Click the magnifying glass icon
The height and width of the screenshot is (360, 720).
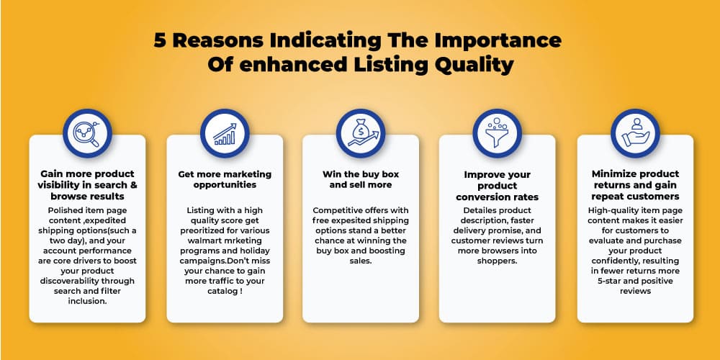click(87, 133)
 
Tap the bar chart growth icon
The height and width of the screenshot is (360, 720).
click(225, 134)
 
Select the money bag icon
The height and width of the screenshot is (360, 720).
click(361, 134)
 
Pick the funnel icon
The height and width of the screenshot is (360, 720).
click(497, 132)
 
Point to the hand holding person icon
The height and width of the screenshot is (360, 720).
click(635, 132)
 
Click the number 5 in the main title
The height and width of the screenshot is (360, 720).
click(160, 40)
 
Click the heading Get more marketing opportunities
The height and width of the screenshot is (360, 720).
click(225, 179)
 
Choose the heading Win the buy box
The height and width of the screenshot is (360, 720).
click(361, 174)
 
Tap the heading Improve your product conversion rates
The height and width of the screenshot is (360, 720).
click(497, 186)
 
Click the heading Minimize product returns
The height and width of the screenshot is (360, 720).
click(635, 179)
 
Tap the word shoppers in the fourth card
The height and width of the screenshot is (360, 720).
click(497, 261)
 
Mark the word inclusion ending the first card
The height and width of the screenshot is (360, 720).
click(87, 301)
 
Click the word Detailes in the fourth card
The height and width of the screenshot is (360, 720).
click(480, 210)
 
